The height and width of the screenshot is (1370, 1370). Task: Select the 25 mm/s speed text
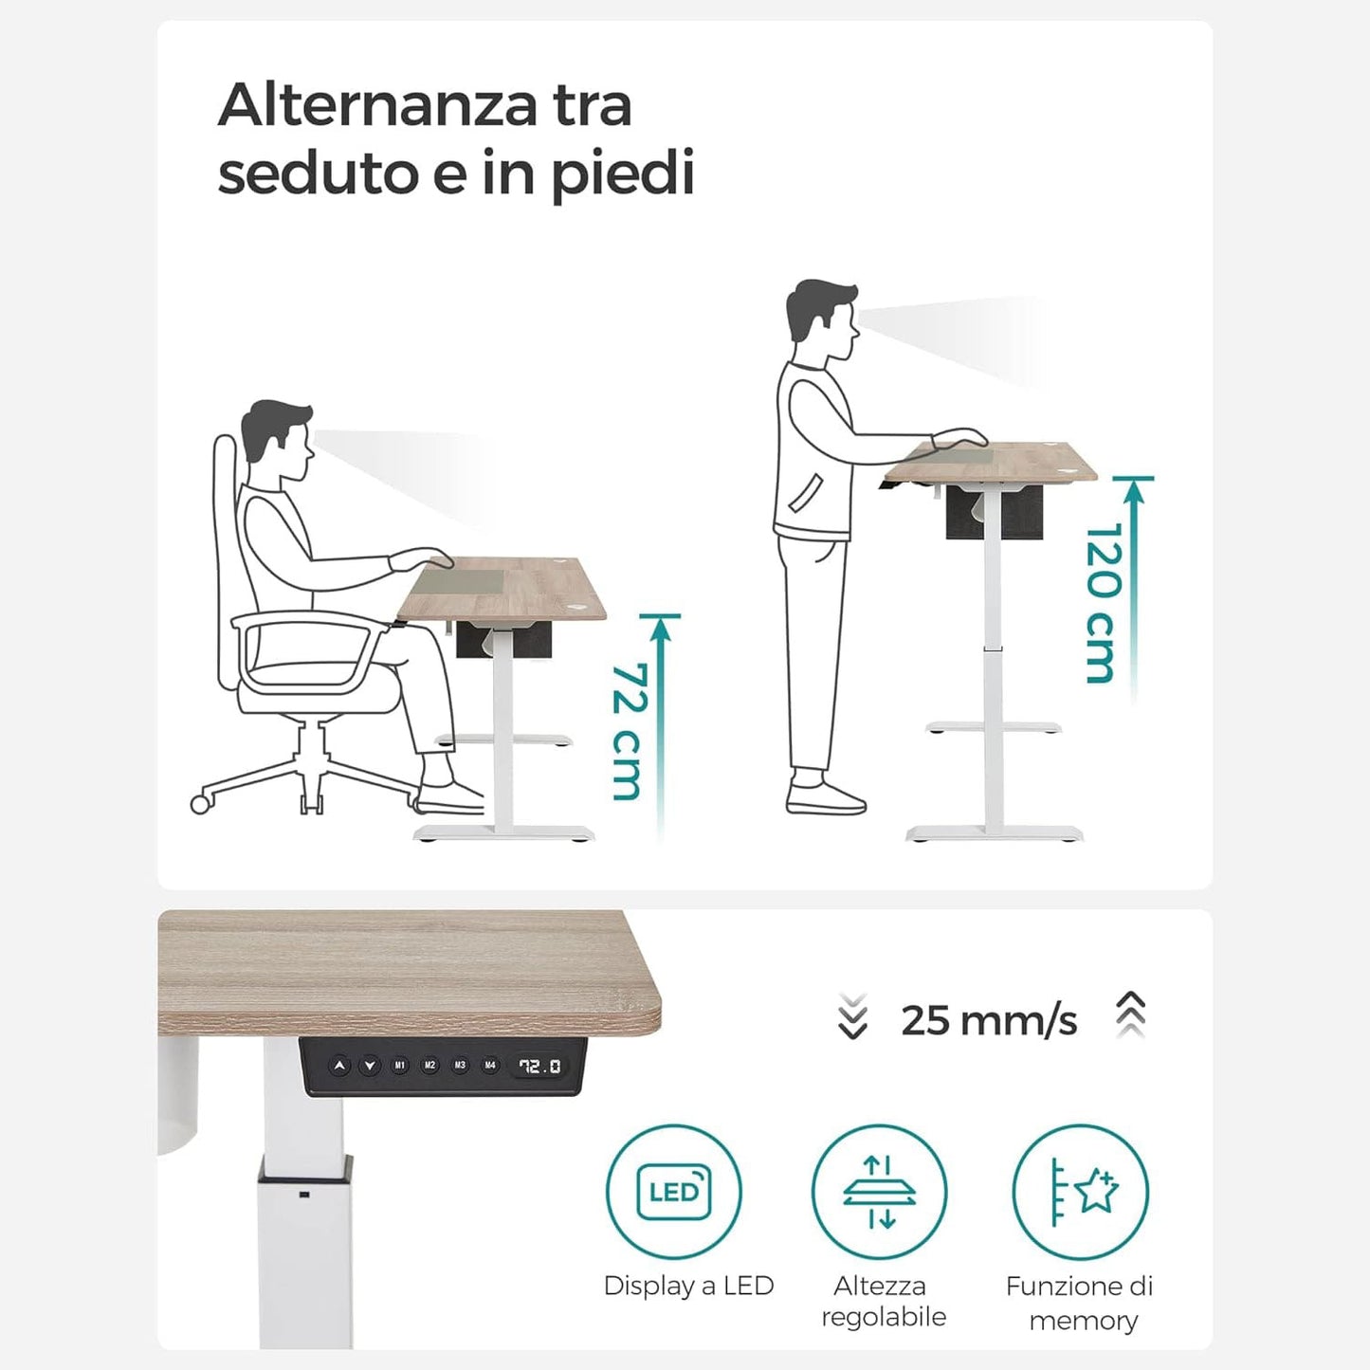pyautogui.click(x=989, y=1021)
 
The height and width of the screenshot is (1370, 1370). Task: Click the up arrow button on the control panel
pyautogui.click(x=339, y=1066)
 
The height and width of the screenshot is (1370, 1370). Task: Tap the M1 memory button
pyautogui.click(x=399, y=1066)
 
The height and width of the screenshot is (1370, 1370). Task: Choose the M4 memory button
pyautogui.click(x=489, y=1066)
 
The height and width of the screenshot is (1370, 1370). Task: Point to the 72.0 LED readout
pyautogui.click(x=539, y=1067)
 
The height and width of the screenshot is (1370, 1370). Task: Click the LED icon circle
pyautogui.click(x=674, y=1193)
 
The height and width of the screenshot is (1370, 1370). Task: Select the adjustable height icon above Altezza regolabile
pyautogui.click(x=880, y=1193)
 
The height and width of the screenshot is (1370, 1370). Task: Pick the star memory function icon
pyautogui.click(x=1081, y=1193)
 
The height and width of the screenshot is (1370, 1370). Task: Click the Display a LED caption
pyautogui.click(x=688, y=1286)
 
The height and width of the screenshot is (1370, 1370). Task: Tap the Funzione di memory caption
pyautogui.click(x=1080, y=1303)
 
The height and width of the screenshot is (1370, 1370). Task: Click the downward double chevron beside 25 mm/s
pyautogui.click(x=853, y=1016)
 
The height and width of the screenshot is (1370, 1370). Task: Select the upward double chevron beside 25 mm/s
pyautogui.click(x=1131, y=1015)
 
